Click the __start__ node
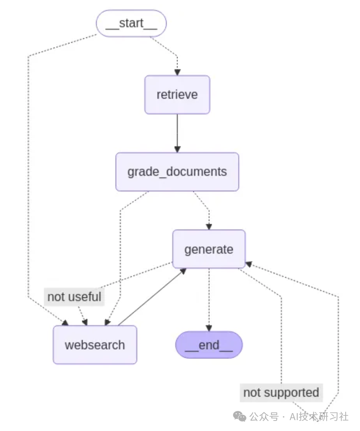[x=131, y=23]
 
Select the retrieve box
[x=177, y=95]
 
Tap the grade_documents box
[x=177, y=172]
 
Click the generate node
[x=209, y=249]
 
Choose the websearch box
[x=95, y=345]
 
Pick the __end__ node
[x=209, y=345]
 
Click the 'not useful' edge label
[x=74, y=297]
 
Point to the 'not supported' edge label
[x=281, y=392]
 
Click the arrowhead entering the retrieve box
[x=177, y=72]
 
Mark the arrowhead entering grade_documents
[x=177, y=149]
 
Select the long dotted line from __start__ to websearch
[x=28, y=175]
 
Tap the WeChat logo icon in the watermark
[x=239, y=417]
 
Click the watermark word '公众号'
[x=264, y=417]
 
